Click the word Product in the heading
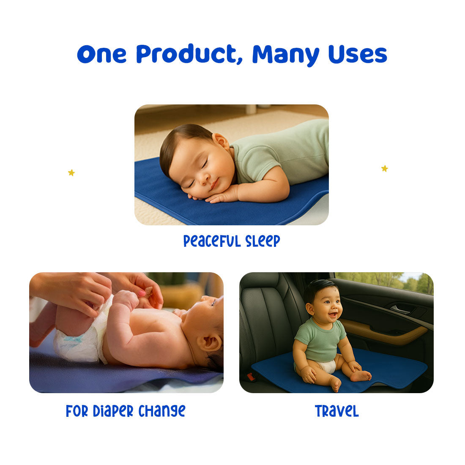pyautogui.click(x=189, y=54)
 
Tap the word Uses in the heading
pyautogui.click(x=358, y=54)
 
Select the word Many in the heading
pyautogui.click(x=286, y=55)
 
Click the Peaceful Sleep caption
pyautogui.click(x=232, y=241)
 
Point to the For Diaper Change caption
pyautogui.click(x=126, y=411)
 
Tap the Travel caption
pyautogui.click(x=336, y=411)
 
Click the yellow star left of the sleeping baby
pyautogui.click(x=71, y=172)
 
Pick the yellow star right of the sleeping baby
pyautogui.click(x=385, y=168)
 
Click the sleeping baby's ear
pyautogui.click(x=222, y=142)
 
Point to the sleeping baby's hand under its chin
pyautogui.click(x=219, y=195)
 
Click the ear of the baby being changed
pyautogui.click(x=209, y=343)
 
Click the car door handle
pyautogui.click(x=400, y=310)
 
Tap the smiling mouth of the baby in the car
pyautogui.click(x=333, y=315)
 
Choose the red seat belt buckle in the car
pyautogui.click(x=251, y=377)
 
